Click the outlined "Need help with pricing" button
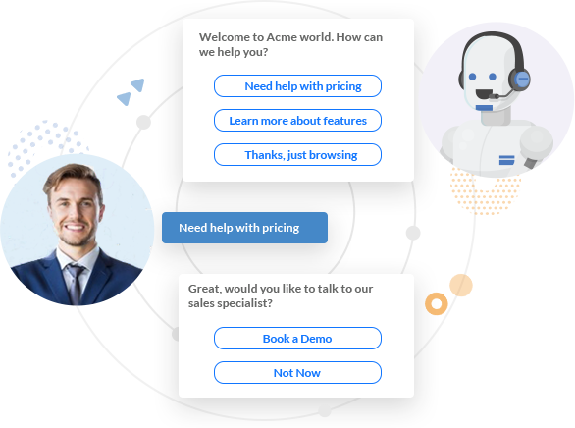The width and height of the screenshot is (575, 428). pyautogui.click(x=297, y=86)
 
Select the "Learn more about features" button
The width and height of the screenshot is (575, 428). pyautogui.click(x=297, y=121)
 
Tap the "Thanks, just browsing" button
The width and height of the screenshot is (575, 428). pyautogui.click(x=297, y=155)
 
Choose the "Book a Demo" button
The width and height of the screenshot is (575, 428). pyautogui.click(x=297, y=338)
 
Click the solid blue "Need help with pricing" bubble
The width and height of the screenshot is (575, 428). pyautogui.click(x=244, y=228)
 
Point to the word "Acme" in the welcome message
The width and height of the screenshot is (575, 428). pyautogui.click(x=281, y=37)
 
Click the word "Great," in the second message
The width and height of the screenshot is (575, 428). pyautogui.click(x=205, y=289)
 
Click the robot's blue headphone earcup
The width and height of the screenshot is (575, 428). pyautogui.click(x=521, y=80)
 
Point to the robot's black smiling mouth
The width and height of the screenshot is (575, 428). pyautogui.click(x=484, y=94)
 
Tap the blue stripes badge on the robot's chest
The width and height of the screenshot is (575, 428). pyautogui.click(x=506, y=160)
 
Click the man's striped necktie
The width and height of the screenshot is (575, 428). pyautogui.click(x=76, y=283)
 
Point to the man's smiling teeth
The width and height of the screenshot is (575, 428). pyautogui.click(x=75, y=227)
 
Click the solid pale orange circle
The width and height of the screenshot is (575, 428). pyautogui.click(x=461, y=285)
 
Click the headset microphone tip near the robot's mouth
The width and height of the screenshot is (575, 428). pyautogui.click(x=493, y=97)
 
